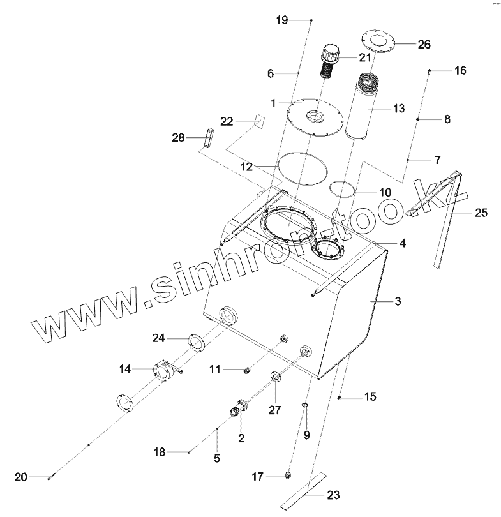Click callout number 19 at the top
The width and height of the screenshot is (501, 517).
(282, 20)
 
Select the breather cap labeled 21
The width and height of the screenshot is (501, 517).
(330, 60)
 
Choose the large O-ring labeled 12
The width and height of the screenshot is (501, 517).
(303, 168)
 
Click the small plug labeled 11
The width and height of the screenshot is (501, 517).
(246, 370)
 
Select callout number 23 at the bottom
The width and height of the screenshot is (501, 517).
(333, 494)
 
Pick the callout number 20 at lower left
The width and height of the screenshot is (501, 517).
(21, 477)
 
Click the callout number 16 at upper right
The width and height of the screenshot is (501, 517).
(460, 70)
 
